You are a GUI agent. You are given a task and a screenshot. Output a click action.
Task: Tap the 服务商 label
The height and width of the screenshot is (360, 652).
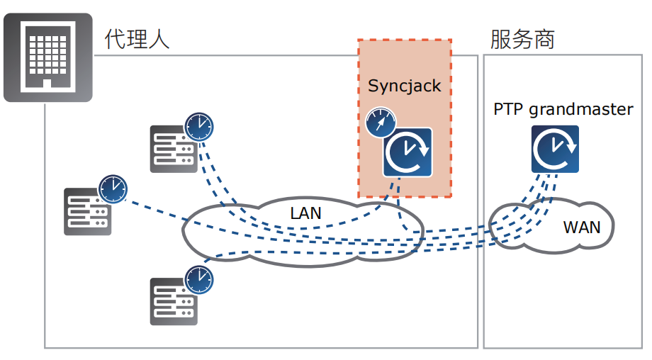pyautogui.click(x=522, y=38)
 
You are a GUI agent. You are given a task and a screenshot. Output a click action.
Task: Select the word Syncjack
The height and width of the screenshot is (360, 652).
pyautogui.click(x=404, y=86)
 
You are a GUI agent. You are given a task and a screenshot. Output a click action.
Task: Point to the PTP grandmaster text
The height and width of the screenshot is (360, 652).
pyautogui.click(x=563, y=109)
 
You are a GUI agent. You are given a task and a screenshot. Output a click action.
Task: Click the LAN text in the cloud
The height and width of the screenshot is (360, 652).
pyautogui.click(x=305, y=213)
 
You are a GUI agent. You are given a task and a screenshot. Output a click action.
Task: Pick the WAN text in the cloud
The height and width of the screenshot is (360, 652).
pyautogui.click(x=581, y=227)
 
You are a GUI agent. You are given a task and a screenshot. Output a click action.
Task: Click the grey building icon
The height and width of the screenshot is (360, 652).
pyautogui.click(x=48, y=57)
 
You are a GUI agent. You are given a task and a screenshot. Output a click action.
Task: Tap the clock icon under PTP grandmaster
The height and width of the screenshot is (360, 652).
pyautogui.click(x=555, y=150)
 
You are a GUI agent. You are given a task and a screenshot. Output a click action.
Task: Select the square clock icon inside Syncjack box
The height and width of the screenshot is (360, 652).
pyautogui.click(x=407, y=152)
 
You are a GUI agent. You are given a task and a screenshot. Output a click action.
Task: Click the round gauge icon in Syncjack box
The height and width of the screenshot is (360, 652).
pyautogui.click(x=380, y=123)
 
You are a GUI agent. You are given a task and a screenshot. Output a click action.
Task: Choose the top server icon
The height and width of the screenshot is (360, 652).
pyautogui.click(x=172, y=149)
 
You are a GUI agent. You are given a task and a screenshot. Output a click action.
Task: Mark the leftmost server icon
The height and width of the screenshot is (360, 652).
pyautogui.click(x=87, y=211)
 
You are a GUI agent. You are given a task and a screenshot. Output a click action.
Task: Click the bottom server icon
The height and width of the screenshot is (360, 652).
pyautogui.click(x=173, y=301)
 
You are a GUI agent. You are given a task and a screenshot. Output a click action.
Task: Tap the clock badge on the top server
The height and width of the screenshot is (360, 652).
pyautogui.click(x=199, y=127)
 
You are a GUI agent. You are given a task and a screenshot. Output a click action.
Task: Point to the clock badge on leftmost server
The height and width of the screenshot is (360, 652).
pyautogui.click(x=113, y=189)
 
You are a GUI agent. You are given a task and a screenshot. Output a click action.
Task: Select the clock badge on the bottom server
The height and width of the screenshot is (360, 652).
pyautogui.click(x=199, y=280)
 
